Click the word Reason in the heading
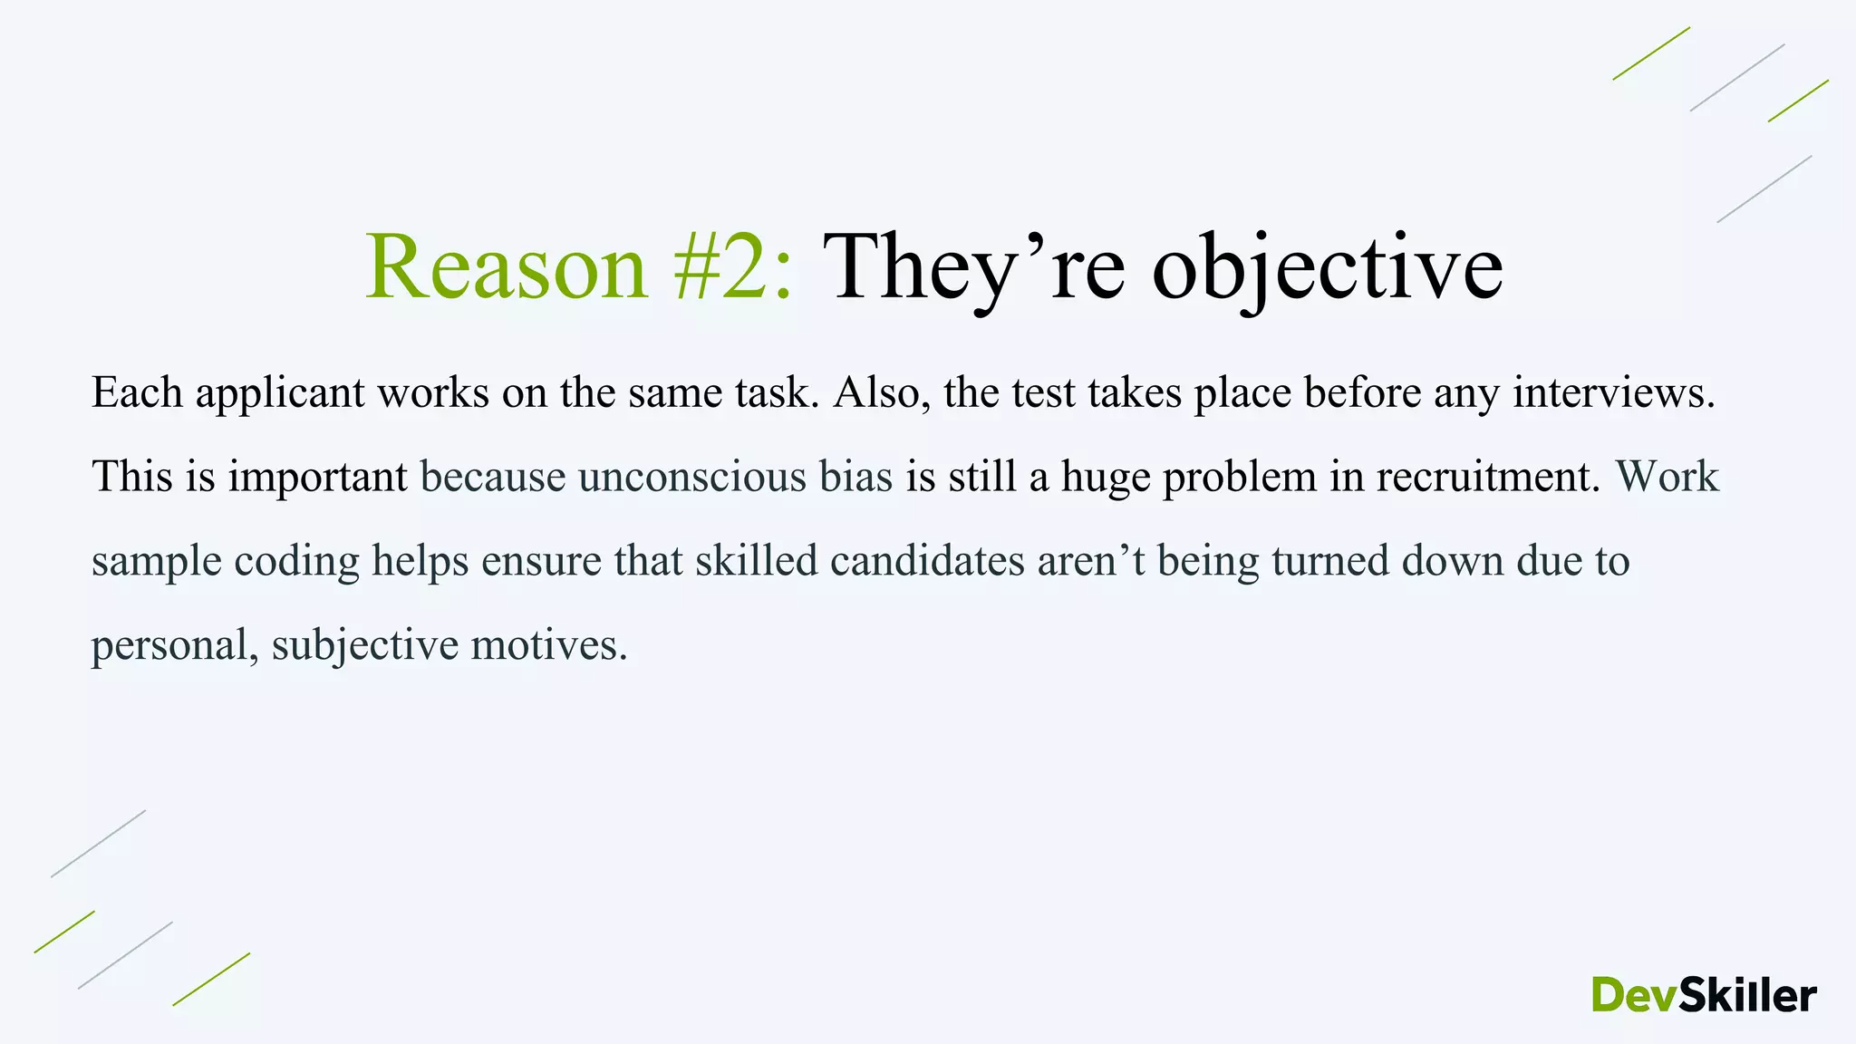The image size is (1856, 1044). [x=507, y=267]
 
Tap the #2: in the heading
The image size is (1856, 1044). [x=734, y=267]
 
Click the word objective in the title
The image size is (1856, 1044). [x=1327, y=267]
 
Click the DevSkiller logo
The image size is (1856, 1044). [x=1704, y=995]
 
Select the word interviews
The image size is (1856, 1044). [x=1613, y=393]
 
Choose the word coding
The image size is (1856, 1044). [x=296, y=561]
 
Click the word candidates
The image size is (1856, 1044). [x=927, y=561]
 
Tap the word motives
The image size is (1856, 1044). [x=548, y=645]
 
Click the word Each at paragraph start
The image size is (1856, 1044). [x=137, y=393]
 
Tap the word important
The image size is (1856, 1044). [x=317, y=477]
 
